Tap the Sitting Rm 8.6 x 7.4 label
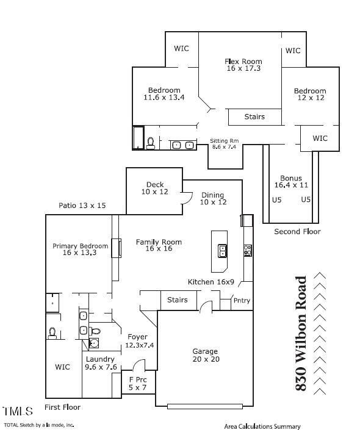[x=224, y=144]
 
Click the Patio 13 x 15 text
[x=82, y=206]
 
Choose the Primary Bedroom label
[x=80, y=249]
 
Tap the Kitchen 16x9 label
[x=211, y=281]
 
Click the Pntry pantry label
[x=242, y=301]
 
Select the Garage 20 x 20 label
[x=205, y=355]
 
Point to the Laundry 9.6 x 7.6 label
[x=101, y=364]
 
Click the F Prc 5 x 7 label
[x=138, y=383]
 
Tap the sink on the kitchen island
[x=223, y=249]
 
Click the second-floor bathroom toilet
[x=150, y=143]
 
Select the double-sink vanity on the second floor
[x=182, y=145]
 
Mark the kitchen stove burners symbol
[x=248, y=249]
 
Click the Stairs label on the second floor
[x=254, y=116]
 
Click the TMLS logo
[x=18, y=411]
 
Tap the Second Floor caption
[x=297, y=232]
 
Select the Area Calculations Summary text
[x=262, y=426]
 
